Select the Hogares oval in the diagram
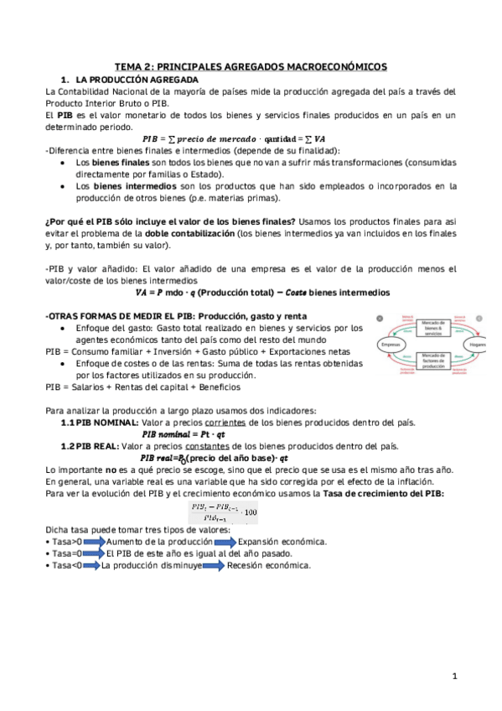479,345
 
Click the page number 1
453,675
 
